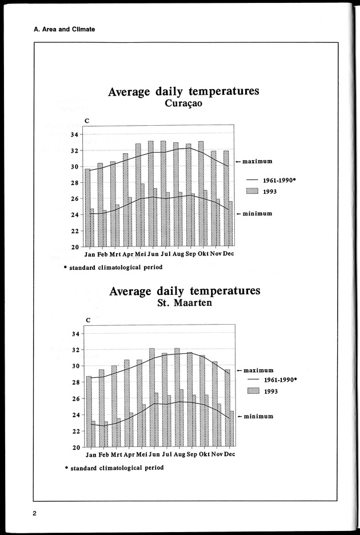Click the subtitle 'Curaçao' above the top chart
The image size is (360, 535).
[x=183, y=104]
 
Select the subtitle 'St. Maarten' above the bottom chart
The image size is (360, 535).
[x=184, y=303]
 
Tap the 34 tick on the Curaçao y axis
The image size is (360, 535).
[x=74, y=135]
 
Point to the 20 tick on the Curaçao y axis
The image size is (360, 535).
[x=74, y=247]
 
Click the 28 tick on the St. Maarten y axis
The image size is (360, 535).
[x=74, y=382]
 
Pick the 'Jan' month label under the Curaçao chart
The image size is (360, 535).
[x=90, y=254]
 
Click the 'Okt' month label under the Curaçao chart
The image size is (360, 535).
[x=203, y=254]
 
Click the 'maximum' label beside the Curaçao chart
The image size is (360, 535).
[x=257, y=161]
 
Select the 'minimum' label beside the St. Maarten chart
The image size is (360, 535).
[x=258, y=416]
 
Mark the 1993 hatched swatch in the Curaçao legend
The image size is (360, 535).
[x=252, y=191]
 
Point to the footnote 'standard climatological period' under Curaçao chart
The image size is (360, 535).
[x=117, y=267]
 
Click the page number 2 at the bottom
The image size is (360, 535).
[x=35, y=512]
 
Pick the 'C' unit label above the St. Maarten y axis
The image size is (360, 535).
[x=87, y=320]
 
